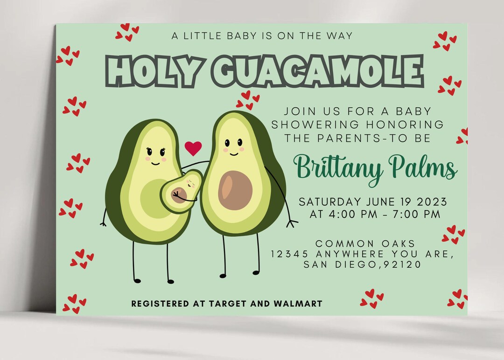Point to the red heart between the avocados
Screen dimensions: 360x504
click(x=193, y=148)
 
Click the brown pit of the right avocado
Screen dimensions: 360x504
click(x=235, y=190)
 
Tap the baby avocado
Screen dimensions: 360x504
click(x=182, y=191)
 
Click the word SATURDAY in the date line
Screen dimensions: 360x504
click(x=329, y=202)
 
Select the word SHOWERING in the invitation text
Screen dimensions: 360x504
click(x=316, y=125)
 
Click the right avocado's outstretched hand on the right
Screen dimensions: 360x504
click(x=292, y=223)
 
